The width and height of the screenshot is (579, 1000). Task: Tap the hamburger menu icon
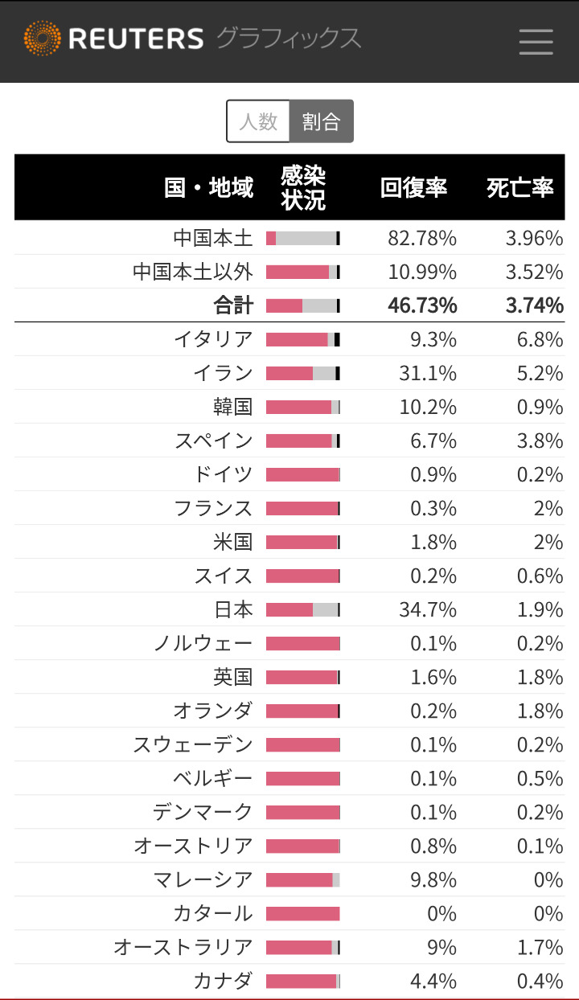pos(536,41)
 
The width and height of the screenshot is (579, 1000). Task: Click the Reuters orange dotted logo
pos(42,39)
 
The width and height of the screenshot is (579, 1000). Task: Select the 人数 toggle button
pos(258,121)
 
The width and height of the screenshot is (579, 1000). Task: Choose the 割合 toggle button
pos(321,121)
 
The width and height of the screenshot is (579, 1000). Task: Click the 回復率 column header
pos(413,187)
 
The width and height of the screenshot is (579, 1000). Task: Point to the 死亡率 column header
pos(520,187)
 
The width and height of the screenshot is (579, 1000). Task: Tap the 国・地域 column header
pos(209,187)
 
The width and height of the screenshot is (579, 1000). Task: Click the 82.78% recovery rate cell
pos(422,238)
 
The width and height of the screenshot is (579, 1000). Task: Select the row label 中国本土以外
pos(193,272)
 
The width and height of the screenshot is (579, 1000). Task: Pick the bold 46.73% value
pos(422,305)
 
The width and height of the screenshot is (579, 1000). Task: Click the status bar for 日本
pos(303,610)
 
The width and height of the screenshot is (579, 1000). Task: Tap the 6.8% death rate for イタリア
pos(540,339)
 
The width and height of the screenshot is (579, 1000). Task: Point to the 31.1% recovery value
pos(428,373)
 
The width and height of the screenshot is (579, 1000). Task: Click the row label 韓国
pos(233,407)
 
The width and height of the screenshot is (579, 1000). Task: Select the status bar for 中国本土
pos(303,238)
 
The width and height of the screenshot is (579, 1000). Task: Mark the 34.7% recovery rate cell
pos(428,610)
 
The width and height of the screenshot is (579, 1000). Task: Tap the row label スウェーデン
pos(193,745)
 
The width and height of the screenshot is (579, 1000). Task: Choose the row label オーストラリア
pos(183,948)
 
